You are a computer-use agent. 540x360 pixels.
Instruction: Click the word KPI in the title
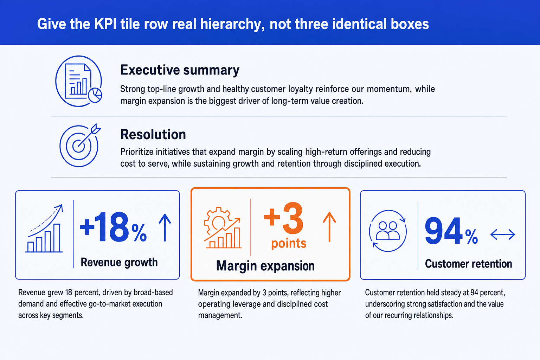[x=105, y=24]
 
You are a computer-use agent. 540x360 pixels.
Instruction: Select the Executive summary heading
[x=180, y=70]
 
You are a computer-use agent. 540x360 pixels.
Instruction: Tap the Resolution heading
[x=153, y=134]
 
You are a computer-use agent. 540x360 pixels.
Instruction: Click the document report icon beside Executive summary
[x=79, y=81]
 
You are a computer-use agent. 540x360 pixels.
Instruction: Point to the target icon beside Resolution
[x=80, y=145]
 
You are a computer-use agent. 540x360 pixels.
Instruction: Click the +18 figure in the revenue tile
[x=105, y=227]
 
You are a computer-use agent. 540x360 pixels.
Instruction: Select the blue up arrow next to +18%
[x=165, y=227]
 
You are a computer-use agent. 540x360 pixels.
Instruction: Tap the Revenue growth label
[x=119, y=262]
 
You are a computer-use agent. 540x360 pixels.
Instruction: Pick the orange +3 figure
[x=283, y=218]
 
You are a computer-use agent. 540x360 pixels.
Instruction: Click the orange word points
[x=289, y=243]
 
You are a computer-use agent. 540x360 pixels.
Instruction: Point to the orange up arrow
[x=329, y=227]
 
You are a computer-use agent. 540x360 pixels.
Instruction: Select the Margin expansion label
[x=265, y=266]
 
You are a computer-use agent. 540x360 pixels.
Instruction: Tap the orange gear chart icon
[x=223, y=227]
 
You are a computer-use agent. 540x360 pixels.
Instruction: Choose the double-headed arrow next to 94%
[x=503, y=234]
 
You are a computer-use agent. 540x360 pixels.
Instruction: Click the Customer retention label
[x=468, y=264]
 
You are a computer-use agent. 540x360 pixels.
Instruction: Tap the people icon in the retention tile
[x=388, y=231]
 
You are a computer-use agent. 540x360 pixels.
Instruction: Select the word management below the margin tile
[x=220, y=315]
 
